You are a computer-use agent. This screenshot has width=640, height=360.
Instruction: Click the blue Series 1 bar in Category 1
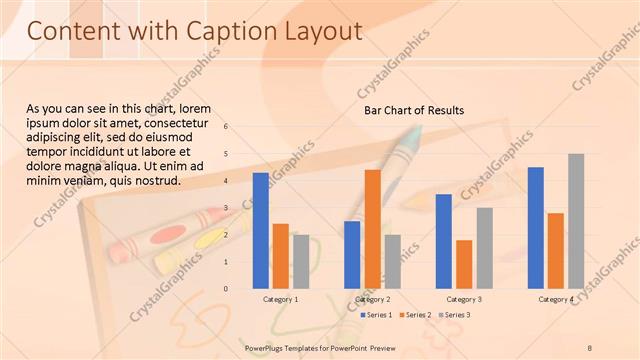(260, 230)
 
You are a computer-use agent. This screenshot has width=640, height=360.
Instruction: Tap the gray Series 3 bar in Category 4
(576, 221)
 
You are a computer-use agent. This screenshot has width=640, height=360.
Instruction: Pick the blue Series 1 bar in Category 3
(444, 241)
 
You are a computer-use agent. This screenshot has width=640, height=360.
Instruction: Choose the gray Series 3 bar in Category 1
(301, 261)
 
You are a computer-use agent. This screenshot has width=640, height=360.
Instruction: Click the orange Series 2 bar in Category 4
(556, 250)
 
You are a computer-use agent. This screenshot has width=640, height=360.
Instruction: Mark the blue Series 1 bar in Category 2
(352, 254)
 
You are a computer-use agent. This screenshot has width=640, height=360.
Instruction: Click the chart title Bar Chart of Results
(413, 110)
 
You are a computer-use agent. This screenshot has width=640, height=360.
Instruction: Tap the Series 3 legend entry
(454, 315)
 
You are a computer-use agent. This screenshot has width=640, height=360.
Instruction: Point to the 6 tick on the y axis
(226, 127)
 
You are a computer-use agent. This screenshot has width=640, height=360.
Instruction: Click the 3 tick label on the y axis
(226, 208)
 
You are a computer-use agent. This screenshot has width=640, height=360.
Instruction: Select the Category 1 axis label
(280, 300)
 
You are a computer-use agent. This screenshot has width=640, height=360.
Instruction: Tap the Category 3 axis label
(464, 300)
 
